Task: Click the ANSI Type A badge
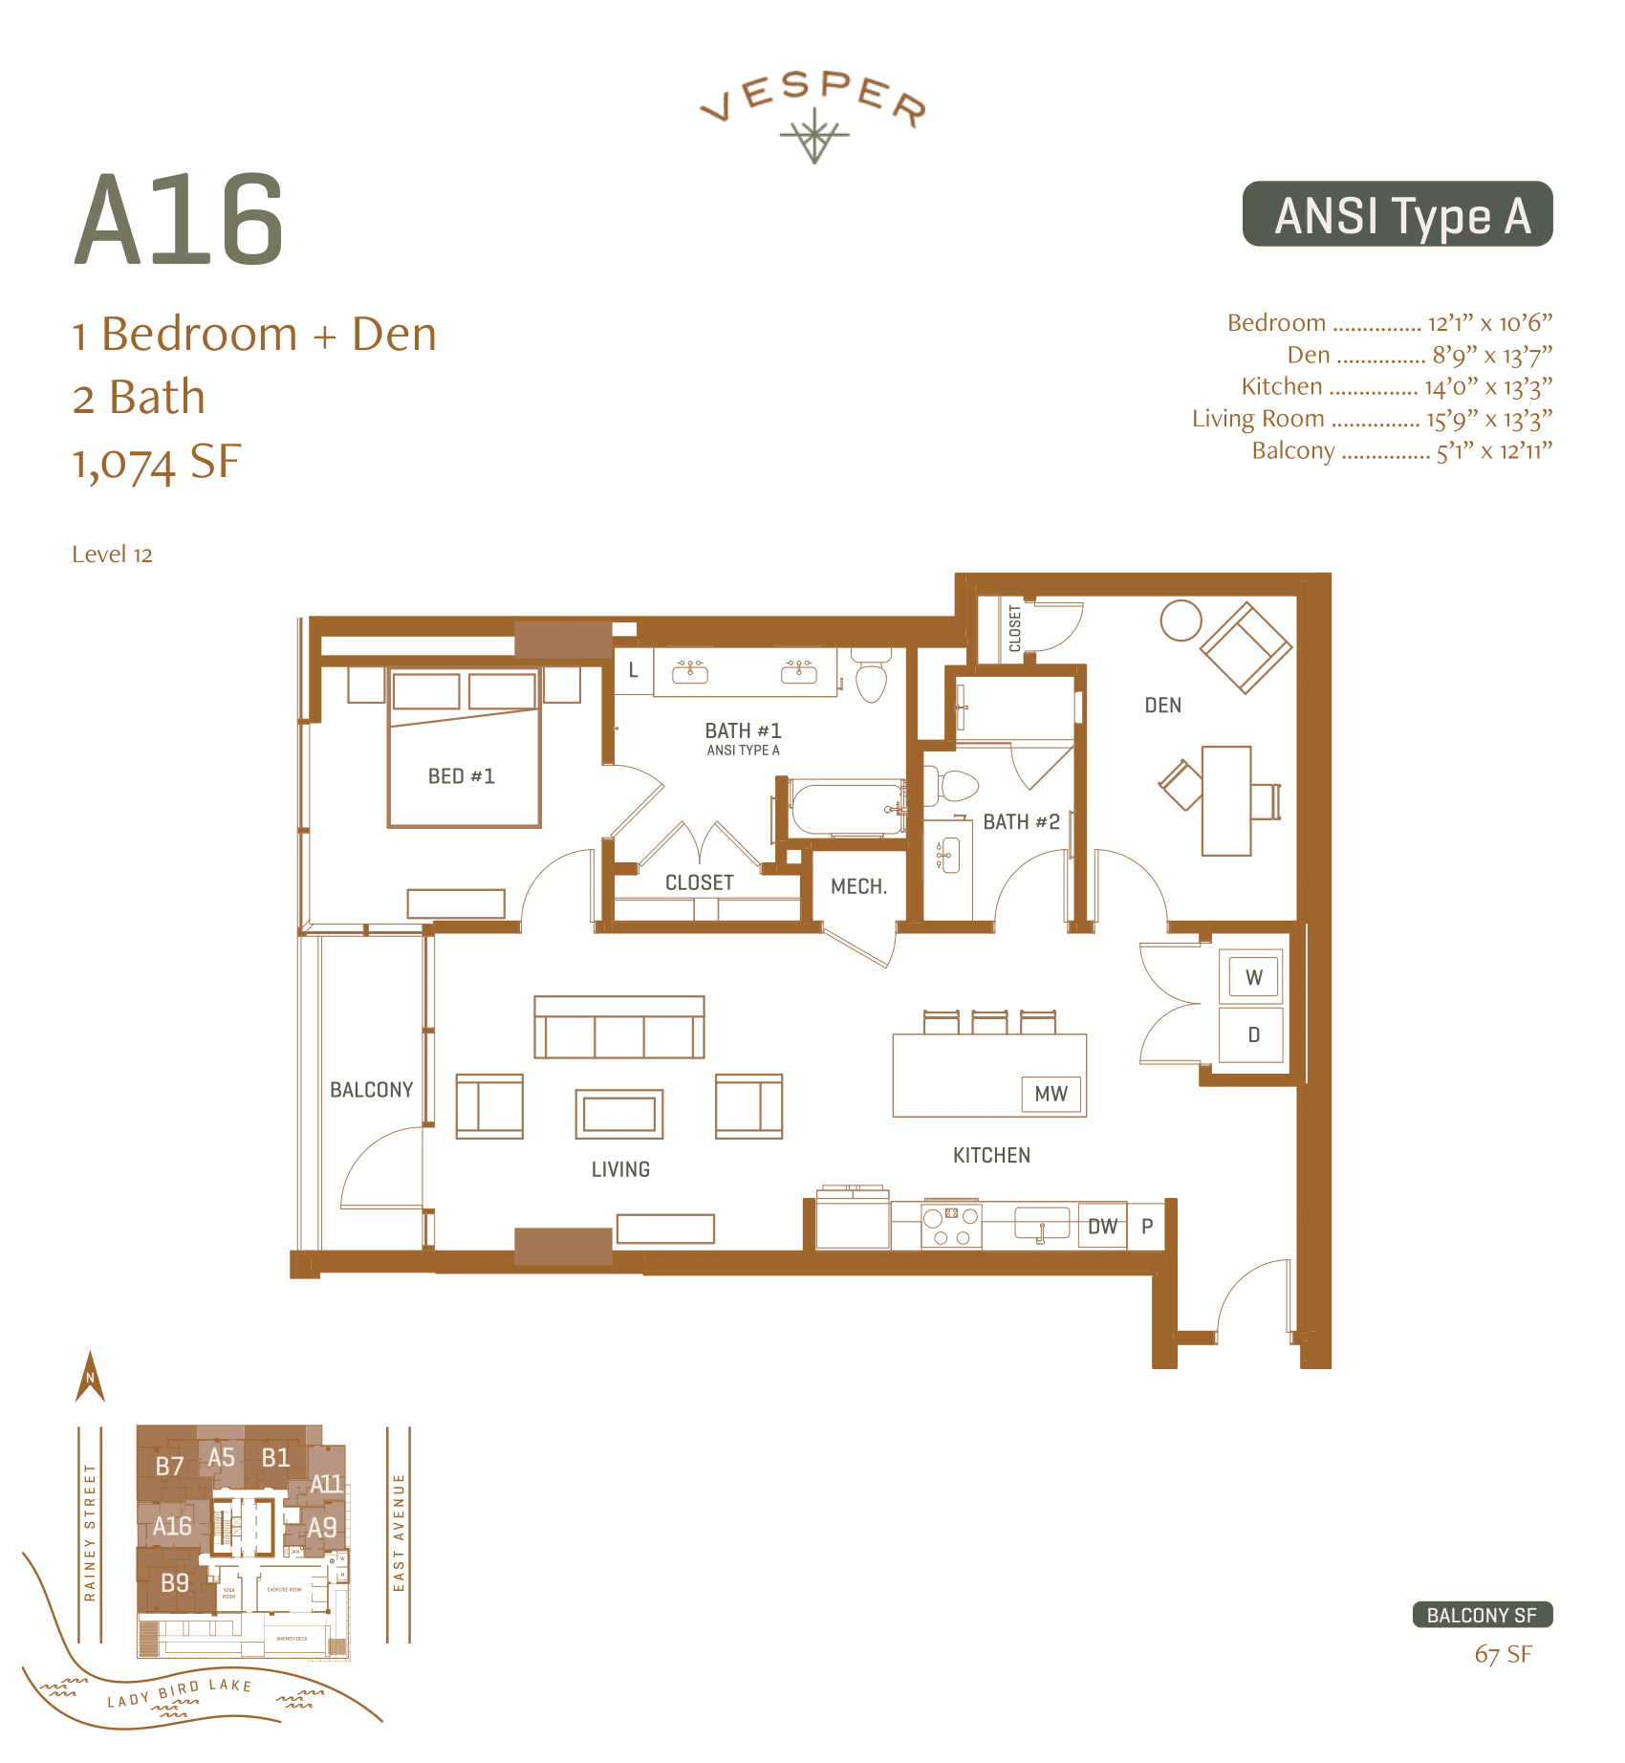[1397, 214]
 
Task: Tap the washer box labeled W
[1253, 977]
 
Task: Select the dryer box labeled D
[1253, 1034]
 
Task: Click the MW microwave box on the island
[1051, 1094]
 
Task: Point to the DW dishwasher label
[1102, 1227]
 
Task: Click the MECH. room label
[858, 886]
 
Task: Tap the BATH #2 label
[1021, 822]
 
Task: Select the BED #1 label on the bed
[461, 776]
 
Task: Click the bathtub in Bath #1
[847, 809]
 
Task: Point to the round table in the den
[1181, 620]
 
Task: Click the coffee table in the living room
[618, 1114]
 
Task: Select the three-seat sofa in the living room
[618, 1028]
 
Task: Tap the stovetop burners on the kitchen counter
[950, 1226]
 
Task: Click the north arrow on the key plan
[90, 1377]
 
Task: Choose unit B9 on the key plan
[175, 1583]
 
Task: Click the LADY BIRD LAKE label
[179, 1692]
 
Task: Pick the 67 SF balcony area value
[1503, 1655]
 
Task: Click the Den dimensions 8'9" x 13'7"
[1491, 356]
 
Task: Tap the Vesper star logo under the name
[813, 136]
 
